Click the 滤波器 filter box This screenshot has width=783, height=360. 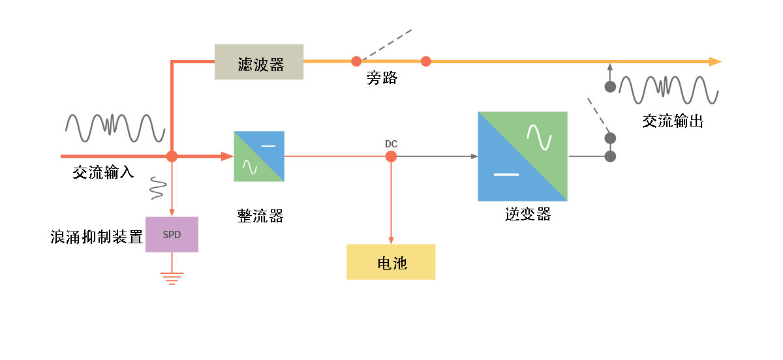pyautogui.click(x=259, y=62)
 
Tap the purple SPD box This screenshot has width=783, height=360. pyautogui.click(x=172, y=234)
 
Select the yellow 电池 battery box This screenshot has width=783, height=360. pyautogui.click(x=391, y=262)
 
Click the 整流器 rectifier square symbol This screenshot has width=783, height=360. pyautogui.click(x=259, y=157)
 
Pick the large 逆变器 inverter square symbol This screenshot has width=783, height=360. pyautogui.click(x=522, y=157)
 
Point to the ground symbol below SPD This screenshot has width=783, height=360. pyautogui.click(x=172, y=278)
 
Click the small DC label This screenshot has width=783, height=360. pyautogui.click(x=391, y=143)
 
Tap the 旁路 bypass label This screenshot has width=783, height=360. pyautogui.click(x=382, y=79)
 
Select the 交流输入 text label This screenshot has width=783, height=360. pyautogui.click(x=103, y=173)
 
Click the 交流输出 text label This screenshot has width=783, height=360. pyautogui.click(x=673, y=121)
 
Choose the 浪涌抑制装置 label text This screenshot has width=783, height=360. pyautogui.click(x=97, y=237)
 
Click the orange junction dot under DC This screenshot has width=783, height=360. pyautogui.click(x=391, y=157)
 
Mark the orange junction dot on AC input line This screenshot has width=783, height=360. pyautogui.click(x=172, y=157)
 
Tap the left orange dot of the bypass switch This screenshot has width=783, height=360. pyautogui.click(x=356, y=61)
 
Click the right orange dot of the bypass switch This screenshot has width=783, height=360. pyautogui.click(x=426, y=61)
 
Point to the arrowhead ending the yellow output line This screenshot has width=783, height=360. pyautogui.click(x=716, y=61)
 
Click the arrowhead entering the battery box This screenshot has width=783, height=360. pyautogui.click(x=391, y=240)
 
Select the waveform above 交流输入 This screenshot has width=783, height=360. pyautogui.click(x=114, y=128)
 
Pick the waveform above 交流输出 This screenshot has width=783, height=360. pyautogui.click(x=668, y=90)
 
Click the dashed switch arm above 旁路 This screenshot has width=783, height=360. pyautogui.click(x=386, y=44)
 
